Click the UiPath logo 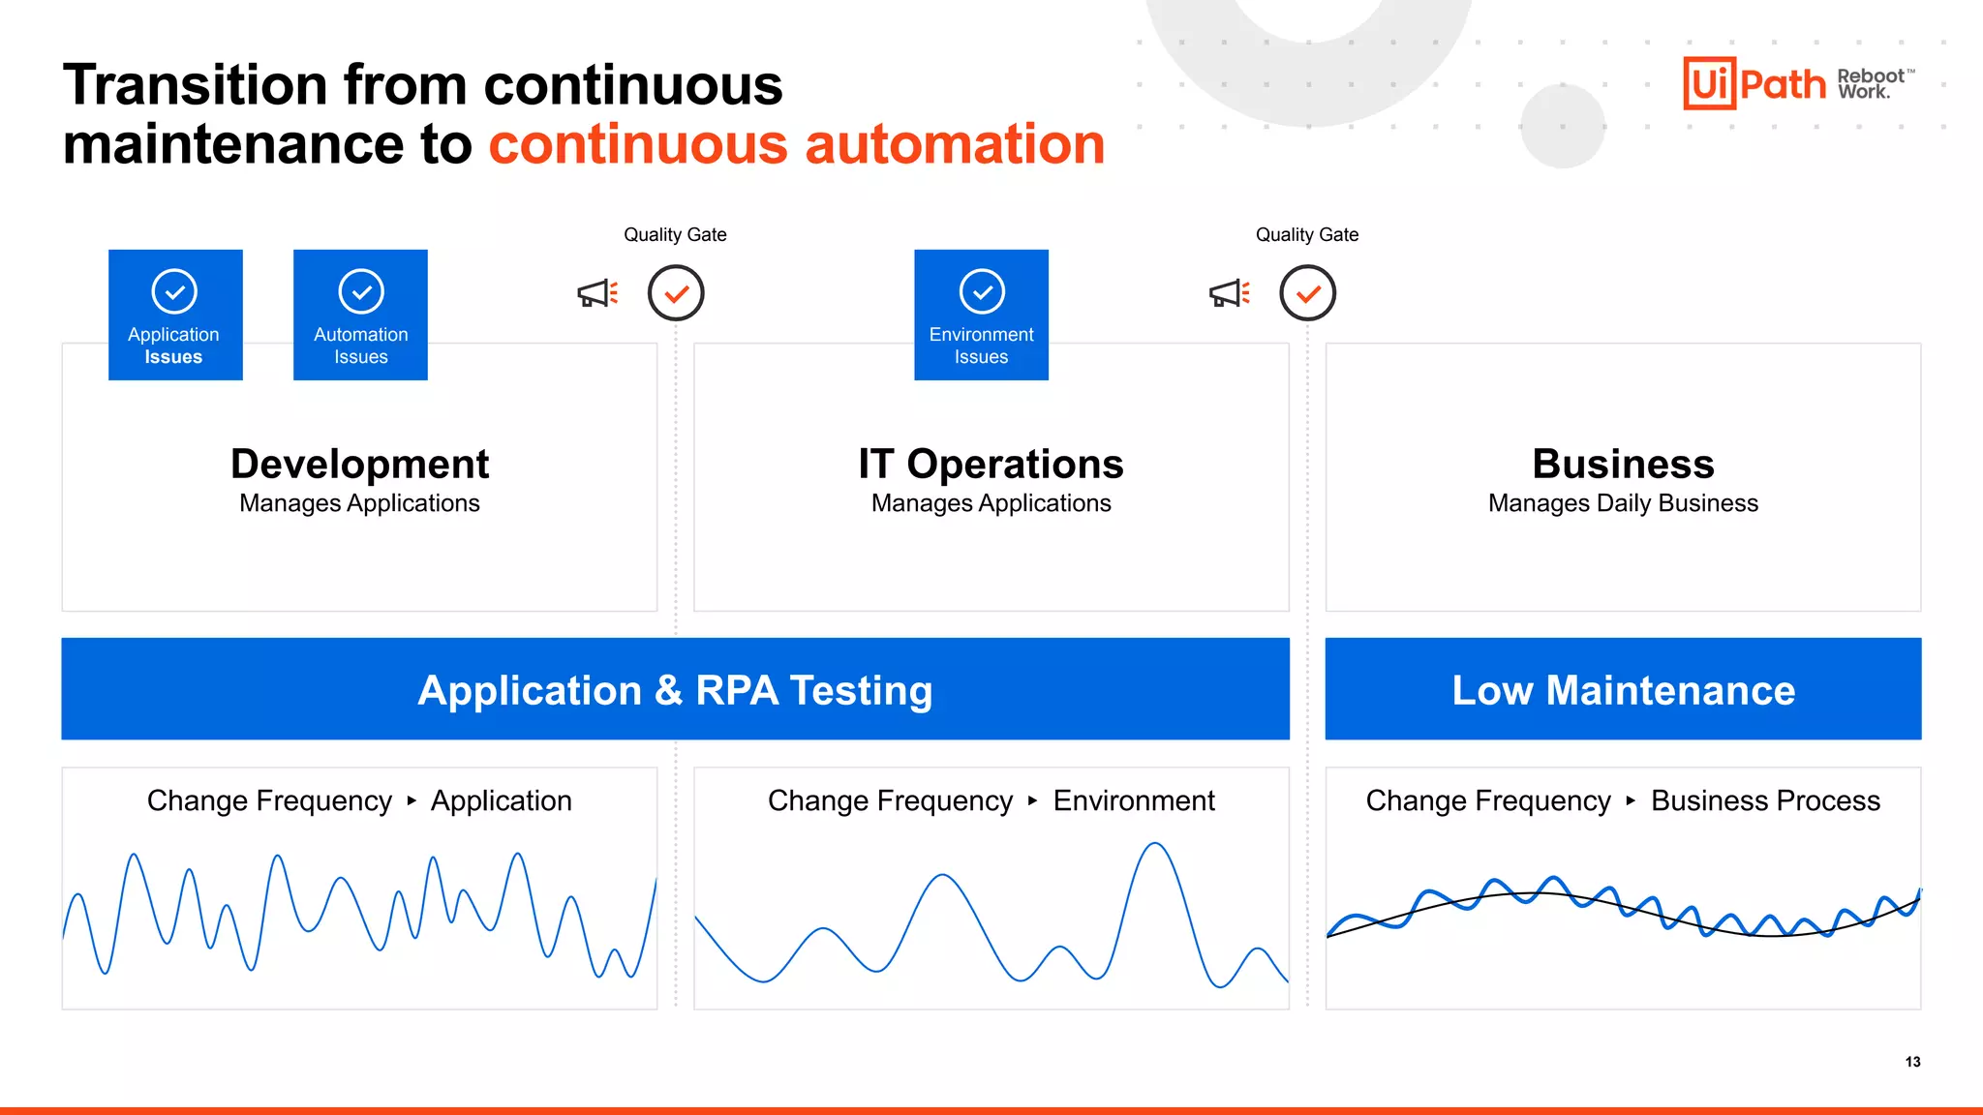tap(1754, 83)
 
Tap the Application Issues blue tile tap(175, 315)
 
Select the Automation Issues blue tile tap(360, 315)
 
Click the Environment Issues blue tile tap(981, 315)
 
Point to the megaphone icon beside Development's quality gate tap(597, 293)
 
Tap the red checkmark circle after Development tap(676, 293)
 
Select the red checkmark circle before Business tap(1307, 293)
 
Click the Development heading tap(359, 465)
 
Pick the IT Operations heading tap(991, 465)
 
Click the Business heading tap(1623, 465)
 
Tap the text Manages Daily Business tap(1623, 503)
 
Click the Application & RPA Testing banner tap(675, 690)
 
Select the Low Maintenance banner tap(1623, 690)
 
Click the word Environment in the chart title tap(1133, 801)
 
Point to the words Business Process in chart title tap(1765, 801)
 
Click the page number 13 tap(1912, 1062)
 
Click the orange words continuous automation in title tap(796, 144)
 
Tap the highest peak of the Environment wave tap(1155, 845)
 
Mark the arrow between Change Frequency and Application tap(412, 800)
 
